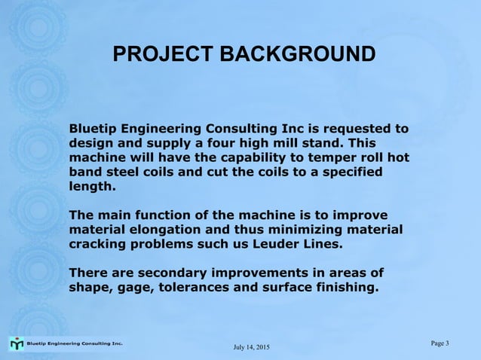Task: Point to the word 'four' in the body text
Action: click(x=224, y=142)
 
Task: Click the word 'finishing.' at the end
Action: click(x=341, y=287)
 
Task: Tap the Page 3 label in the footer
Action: click(x=440, y=343)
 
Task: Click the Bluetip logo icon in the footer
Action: click(x=17, y=343)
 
